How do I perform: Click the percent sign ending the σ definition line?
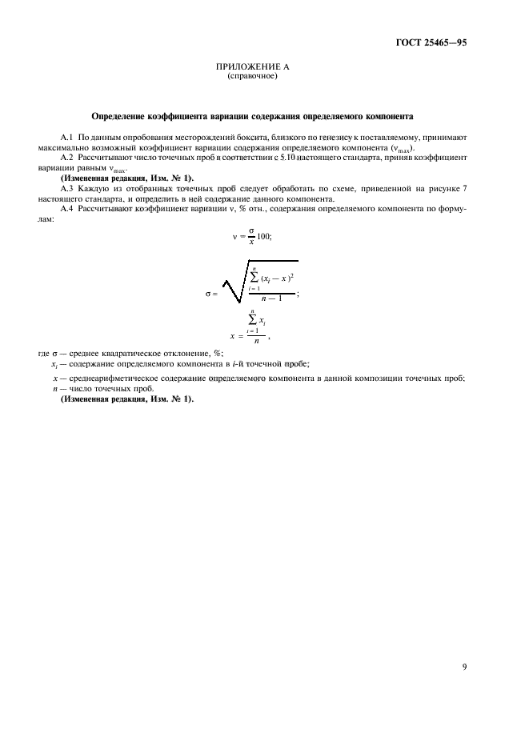[218, 354]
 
